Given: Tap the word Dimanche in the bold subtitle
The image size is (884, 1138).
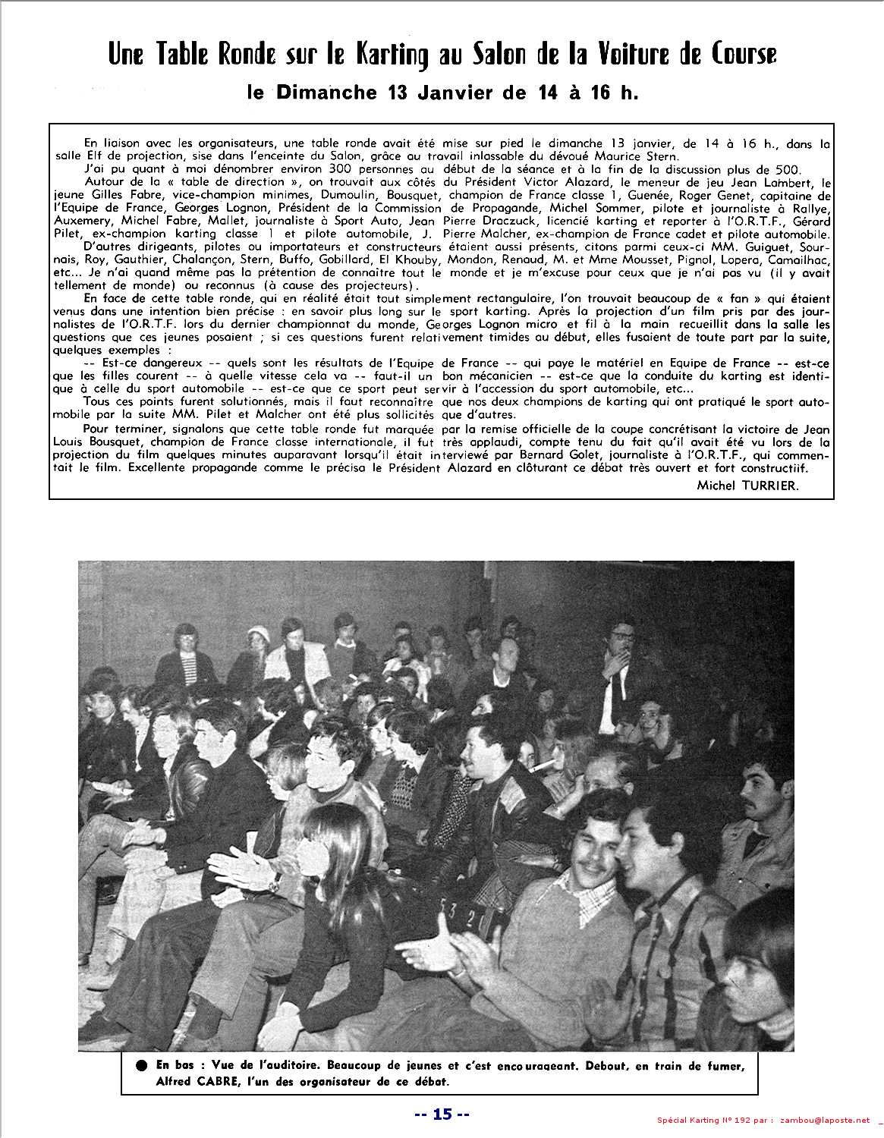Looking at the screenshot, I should click(x=326, y=93).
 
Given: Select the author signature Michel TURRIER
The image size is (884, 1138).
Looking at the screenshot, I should click(x=747, y=486).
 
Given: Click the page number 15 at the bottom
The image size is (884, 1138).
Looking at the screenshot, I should click(x=442, y=1114).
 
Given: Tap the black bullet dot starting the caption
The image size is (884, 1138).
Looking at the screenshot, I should click(x=141, y=1066).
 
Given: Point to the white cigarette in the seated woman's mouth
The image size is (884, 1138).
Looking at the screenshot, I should click(x=540, y=767).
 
